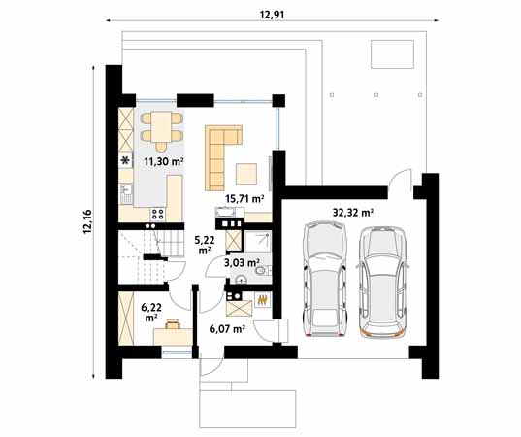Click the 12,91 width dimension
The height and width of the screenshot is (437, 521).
coord(273,14)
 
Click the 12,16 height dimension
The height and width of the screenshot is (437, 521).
coord(88,221)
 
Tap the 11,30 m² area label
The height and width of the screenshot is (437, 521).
coord(164,162)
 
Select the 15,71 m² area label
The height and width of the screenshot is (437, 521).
coord(244,198)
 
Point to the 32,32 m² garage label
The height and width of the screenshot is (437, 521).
coord(353,210)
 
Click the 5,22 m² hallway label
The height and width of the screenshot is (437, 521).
coord(205,244)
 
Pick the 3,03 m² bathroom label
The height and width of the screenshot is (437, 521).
coord(241,262)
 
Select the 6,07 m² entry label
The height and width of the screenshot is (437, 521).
coord(225,329)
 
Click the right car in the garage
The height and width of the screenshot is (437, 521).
coord(379,281)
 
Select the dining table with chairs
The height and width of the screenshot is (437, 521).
coord(160,124)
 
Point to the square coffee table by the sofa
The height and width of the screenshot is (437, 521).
coord(248,175)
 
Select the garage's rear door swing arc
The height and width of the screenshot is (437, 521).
coord(397,181)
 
